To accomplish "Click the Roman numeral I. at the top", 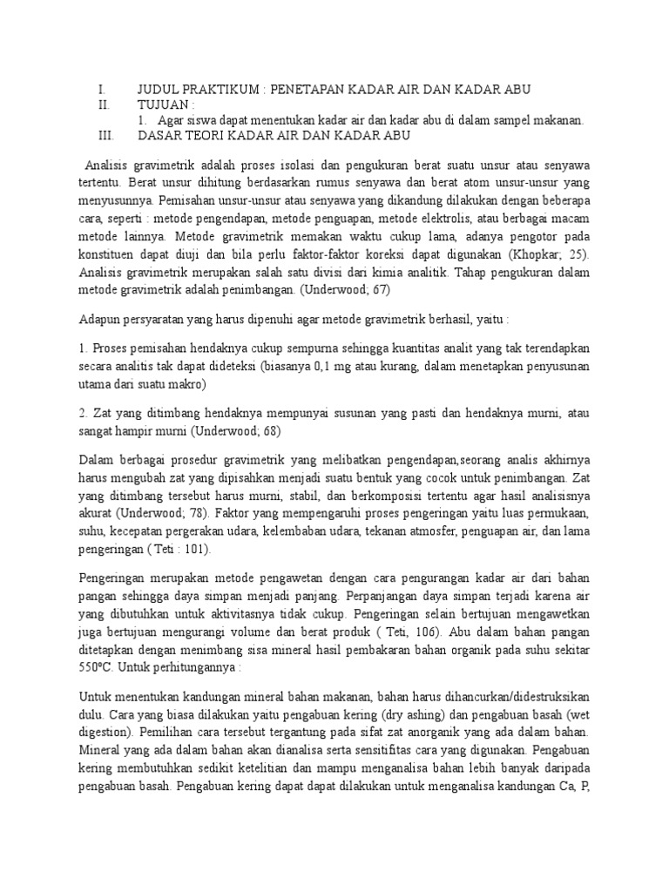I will tap(102, 90).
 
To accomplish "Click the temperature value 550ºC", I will tap(97, 670).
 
